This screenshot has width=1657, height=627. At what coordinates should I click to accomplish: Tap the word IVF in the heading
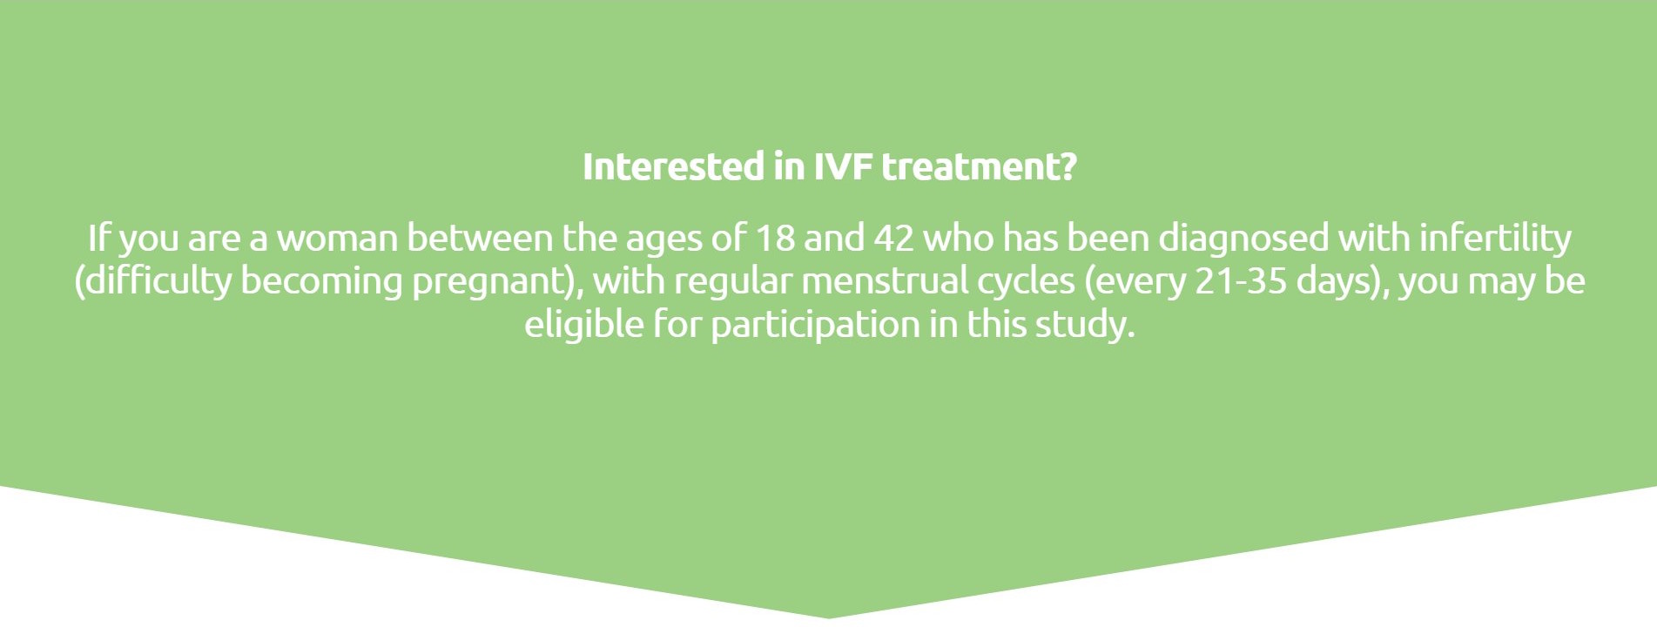(843, 167)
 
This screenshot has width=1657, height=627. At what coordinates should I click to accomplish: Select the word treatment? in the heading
(980, 167)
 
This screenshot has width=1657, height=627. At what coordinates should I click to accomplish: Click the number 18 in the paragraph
(774, 238)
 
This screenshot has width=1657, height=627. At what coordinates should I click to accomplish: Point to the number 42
(893, 238)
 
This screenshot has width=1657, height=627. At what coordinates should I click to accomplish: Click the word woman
(336, 238)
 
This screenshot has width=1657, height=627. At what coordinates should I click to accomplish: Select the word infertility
(1495, 238)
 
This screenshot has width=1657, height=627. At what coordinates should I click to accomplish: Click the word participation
(815, 325)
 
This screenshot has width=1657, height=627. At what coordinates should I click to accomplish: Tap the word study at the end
(1085, 325)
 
